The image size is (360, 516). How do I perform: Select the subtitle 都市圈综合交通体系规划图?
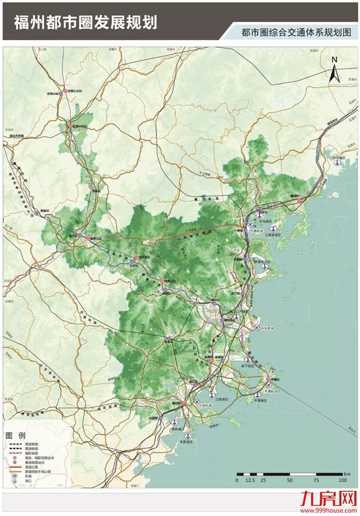[297, 33]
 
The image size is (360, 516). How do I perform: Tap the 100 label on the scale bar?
[342, 480]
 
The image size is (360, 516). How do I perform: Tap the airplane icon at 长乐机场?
[257, 328]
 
